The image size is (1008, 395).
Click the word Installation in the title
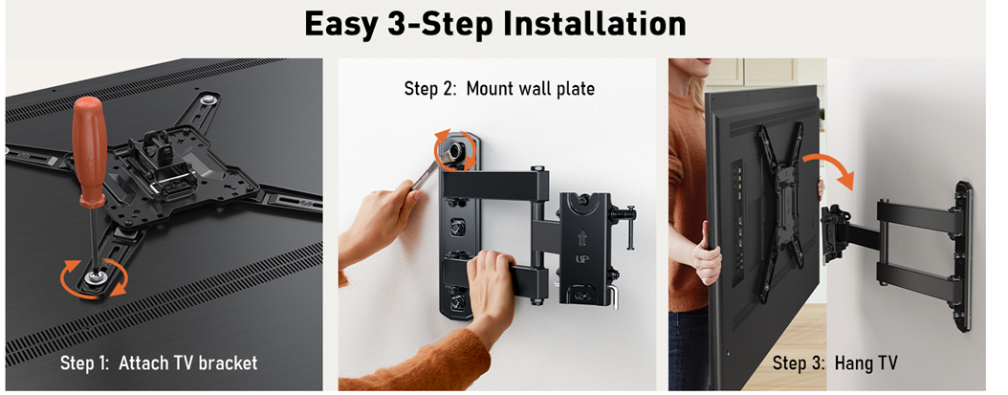[x=593, y=23]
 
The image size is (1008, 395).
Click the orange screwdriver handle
[x=89, y=152]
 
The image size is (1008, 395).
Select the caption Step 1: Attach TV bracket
[x=159, y=362]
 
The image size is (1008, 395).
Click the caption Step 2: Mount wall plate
[x=499, y=88]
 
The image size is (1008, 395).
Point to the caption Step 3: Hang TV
[x=835, y=362]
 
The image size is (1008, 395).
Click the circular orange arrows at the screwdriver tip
[x=94, y=279]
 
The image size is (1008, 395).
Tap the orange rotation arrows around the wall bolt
[x=456, y=150]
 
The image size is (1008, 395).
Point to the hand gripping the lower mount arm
[x=492, y=282]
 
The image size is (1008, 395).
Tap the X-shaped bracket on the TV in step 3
[x=781, y=211]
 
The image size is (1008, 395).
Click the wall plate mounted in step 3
[x=962, y=256]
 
